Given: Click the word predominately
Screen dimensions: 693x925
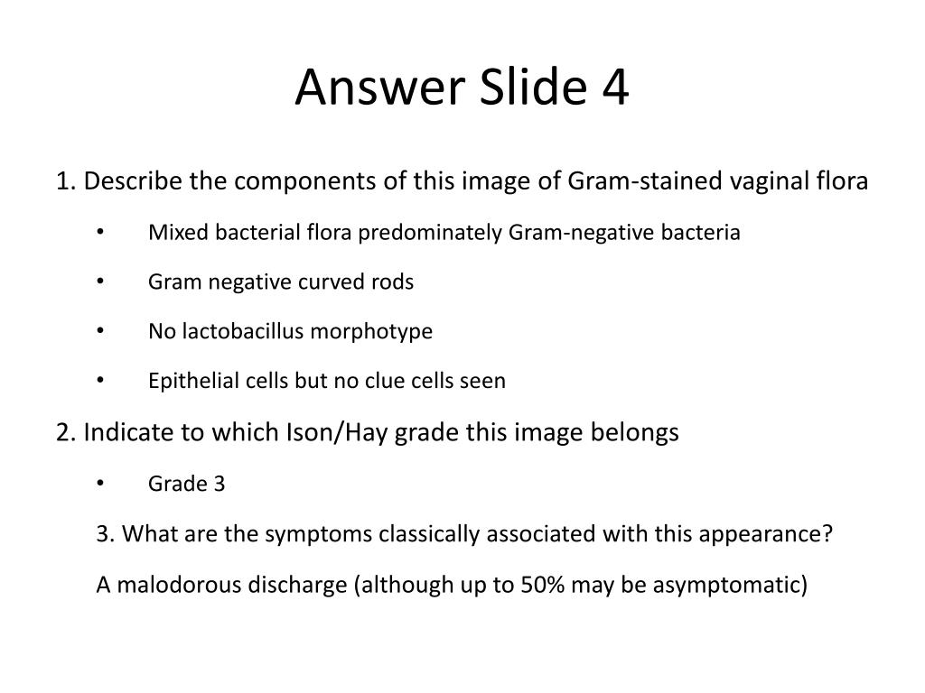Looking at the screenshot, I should coord(431,233).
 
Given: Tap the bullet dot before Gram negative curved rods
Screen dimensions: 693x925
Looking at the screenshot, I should coord(100,282).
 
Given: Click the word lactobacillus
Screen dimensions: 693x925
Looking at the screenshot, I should coord(242,331).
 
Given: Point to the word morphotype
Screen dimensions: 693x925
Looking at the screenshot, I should coord(371,331).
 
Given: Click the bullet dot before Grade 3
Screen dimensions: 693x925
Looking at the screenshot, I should coord(100,485).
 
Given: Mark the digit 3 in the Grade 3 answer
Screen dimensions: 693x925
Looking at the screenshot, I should coord(220,485).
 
